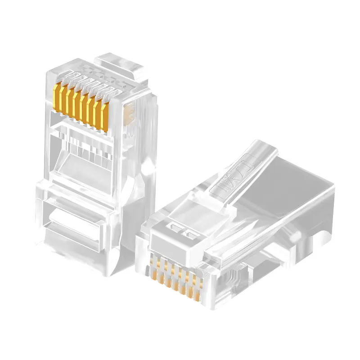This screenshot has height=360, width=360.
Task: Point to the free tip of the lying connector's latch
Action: pos(264,146)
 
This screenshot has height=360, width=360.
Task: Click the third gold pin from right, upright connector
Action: pos(92,111)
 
